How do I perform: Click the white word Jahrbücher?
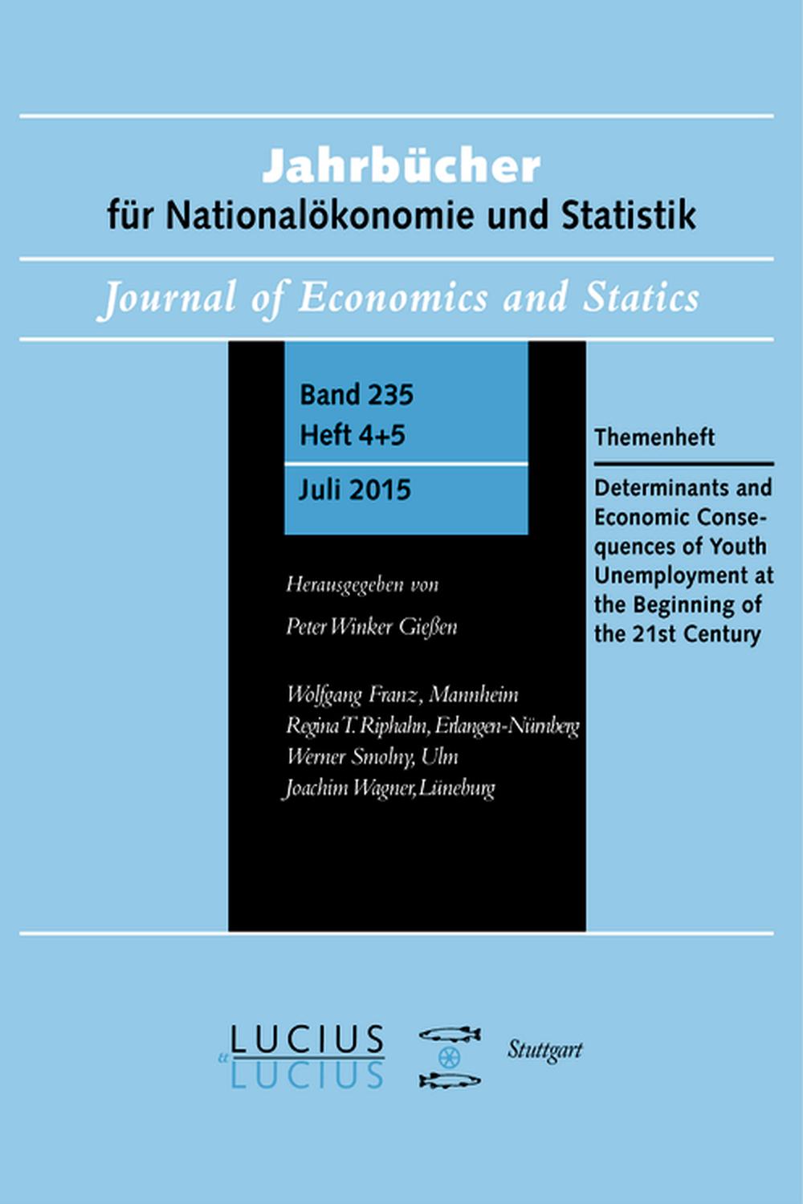(401, 166)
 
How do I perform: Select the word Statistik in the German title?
(628, 215)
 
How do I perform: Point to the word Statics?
(640, 297)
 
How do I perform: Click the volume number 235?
(387, 395)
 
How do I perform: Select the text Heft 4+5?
(353, 435)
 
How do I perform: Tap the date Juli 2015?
(354, 490)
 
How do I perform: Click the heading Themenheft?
(654, 437)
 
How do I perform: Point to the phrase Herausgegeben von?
(362, 584)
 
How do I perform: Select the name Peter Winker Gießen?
(371, 626)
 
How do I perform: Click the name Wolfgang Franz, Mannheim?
(402, 694)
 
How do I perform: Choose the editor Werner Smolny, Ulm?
(372, 757)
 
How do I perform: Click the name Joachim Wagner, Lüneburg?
(389, 788)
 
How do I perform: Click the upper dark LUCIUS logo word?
(307, 1040)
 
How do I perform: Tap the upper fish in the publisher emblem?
(450, 1034)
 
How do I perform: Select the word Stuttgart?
(544, 1050)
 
